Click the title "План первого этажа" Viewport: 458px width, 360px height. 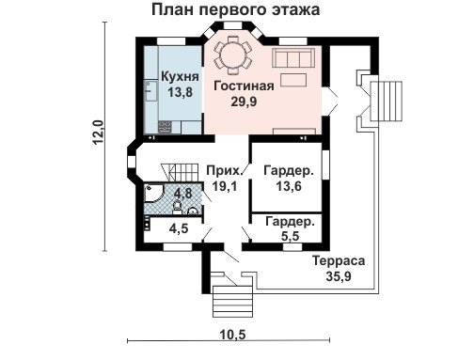(236, 9)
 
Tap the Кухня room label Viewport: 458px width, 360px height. (180, 77)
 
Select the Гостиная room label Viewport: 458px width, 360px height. (244, 86)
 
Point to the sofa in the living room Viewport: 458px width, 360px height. (293, 57)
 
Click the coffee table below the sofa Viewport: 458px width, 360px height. (293, 79)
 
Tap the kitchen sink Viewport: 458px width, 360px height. (150, 90)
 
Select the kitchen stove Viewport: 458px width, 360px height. (165, 127)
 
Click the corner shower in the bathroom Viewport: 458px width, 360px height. (153, 193)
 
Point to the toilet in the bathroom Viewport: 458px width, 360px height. (177, 208)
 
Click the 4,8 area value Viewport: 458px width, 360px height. (183, 193)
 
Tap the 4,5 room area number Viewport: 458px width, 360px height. (179, 228)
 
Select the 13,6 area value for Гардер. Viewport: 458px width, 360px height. (289, 186)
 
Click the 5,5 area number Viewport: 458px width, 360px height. (290, 236)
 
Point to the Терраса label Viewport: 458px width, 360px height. (339, 260)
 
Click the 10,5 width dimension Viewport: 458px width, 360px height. (232, 335)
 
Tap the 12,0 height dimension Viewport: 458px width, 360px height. (98, 132)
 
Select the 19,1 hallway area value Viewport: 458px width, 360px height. (225, 186)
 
